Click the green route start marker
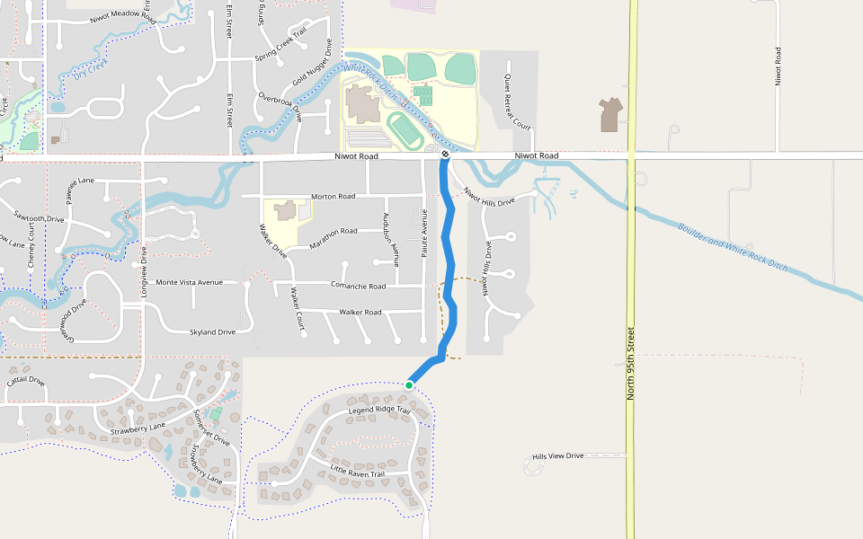[x=409, y=384]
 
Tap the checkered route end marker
[x=445, y=155]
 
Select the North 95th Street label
[x=632, y=362]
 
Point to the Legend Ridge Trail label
[x=379, y=411]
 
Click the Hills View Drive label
[x=557, y=456]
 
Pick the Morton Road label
[x=333, y=196]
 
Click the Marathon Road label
[x=333, y=232]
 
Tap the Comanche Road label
[x=358, y=287]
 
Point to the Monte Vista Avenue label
[x=189, y=282]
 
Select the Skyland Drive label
[x=212, y=332]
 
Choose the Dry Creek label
[x=91, y=71]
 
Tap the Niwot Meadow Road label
[x=123, y=19]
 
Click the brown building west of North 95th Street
[x=609, y=115]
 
